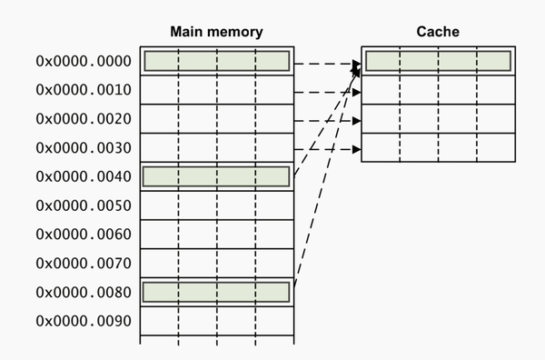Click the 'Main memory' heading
coord(216,32)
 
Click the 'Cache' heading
coord(438,32)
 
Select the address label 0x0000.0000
coord(83,62)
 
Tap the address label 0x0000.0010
coord(83,90)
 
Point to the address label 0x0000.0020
coord(83,119)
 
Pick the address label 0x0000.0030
coord(83,148)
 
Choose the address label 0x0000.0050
coord(83,205)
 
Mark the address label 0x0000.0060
coord(83,235)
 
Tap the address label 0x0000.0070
coord(83,264)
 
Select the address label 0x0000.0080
coord(83,293)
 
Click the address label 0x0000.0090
coord(83,321)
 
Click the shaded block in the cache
coord(438,61)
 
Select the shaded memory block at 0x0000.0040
coord(216,176)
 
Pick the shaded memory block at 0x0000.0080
coord(216,292)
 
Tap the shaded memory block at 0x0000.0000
coord(216,61)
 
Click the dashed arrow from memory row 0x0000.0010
coord(325,92)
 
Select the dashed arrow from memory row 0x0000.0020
coord(325,120)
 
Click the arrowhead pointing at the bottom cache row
coord(357,149)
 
